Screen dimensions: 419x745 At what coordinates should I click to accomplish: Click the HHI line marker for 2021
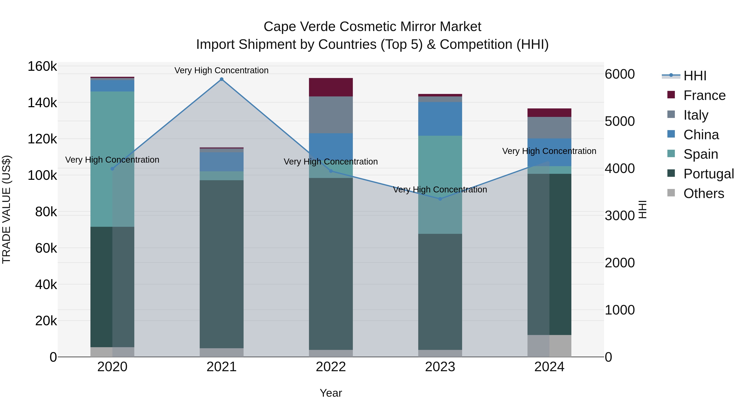(221, 79)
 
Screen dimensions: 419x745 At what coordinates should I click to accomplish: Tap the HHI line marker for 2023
(440, 199)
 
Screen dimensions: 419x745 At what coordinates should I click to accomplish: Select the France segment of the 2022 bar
(331, 87)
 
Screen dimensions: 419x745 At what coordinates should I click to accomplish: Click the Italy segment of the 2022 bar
(331, 115)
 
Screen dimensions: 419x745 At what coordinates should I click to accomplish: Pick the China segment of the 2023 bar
(440, 119)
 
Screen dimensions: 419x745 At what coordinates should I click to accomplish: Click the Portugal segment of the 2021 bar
(221, 264)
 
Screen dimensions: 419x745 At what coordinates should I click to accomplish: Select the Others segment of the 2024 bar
(549, 346)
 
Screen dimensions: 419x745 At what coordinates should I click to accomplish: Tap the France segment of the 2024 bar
(549, 113)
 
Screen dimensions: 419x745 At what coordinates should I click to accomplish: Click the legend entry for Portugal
(709, 174)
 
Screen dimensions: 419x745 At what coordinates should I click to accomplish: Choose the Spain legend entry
(701, 154)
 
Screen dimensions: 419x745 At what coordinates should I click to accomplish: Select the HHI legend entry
(695, 76)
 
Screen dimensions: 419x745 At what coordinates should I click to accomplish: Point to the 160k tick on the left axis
(42, 66)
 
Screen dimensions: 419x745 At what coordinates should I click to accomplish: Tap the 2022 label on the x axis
(331, 367)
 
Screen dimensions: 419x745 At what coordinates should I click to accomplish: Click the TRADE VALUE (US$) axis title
(6, 209)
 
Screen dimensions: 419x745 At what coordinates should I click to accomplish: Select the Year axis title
(331, 393)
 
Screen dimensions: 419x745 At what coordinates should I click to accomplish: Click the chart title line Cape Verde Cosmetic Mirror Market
(372, 27)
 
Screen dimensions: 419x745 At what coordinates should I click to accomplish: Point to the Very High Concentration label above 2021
(221, 70)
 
